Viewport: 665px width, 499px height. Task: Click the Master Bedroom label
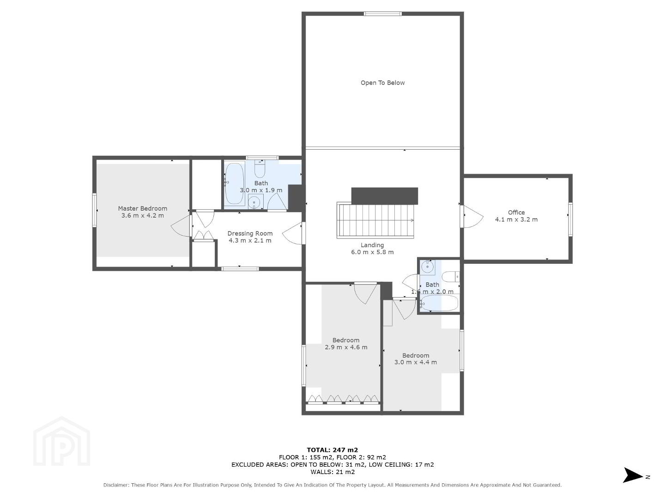142,208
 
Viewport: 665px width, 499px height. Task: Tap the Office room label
516,213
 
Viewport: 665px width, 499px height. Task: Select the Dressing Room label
250,234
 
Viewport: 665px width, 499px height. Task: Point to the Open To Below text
382,83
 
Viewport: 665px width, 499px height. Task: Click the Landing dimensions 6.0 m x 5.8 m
372,252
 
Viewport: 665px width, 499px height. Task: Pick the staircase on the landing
375,220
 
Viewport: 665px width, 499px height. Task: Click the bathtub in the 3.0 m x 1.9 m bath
235,184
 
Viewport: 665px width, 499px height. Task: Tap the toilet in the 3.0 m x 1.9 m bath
260,169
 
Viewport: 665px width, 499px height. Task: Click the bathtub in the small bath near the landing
440,303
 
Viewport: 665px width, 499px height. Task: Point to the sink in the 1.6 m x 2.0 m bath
428,267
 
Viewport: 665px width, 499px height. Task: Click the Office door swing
472,216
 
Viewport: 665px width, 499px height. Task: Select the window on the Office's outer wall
570,219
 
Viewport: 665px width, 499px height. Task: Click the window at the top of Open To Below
383,14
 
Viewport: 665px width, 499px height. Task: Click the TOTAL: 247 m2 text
332,450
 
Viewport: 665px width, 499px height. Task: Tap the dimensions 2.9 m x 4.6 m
346,347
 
